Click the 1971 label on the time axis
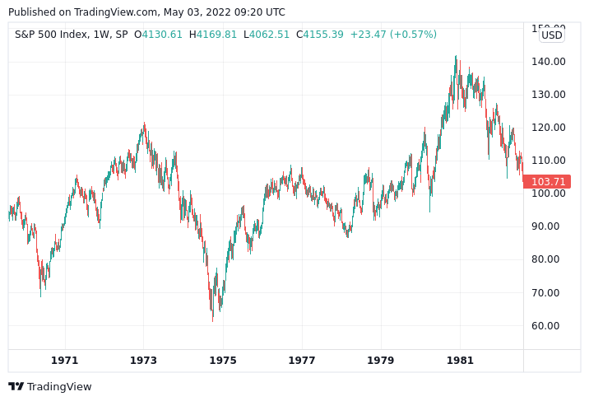pyautogui.click(x=64, y=361)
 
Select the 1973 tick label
pyautogui.click(x=143, y=361)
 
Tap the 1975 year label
pyautogui.click(x=223, y=361)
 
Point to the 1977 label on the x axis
pyautogui.click(x=302, y=361)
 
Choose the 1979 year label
pyautogui.click(x=381, y=361)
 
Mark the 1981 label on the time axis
pyautogui.click(x=460, y=361)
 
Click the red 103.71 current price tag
pyautogui.click(x=548, y=182)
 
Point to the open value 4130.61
pyautogui.click(x=162, y=35)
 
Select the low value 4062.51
pyautogui.click(x=270, y=35)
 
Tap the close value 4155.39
pyautogui.click(x=323, y=35)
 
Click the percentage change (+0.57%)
pyautogui.click(x=414, y=35)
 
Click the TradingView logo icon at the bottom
pyautogui.click(x=16, y=386)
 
